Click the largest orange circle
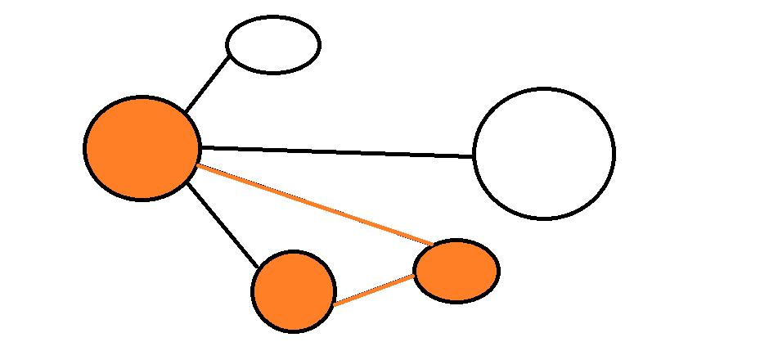(x=142, y=148)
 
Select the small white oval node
(x=273, y=44)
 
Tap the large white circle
(x=543, y=153)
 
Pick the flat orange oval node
(x=456, y=271)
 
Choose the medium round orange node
(x=294, y=291)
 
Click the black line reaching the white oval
(x=208, y=83)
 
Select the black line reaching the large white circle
(x=336, y=151)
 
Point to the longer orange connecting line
(x=315, y=205)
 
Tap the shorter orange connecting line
(x=374, y=290)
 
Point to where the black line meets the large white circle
(x=474, y=155)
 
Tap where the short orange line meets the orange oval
(x=416, y=276)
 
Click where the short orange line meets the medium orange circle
(x=334, y=304)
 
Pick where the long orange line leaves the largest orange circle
(x=197, y=166)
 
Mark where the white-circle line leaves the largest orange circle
(x=200, y=147)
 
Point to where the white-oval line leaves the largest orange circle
(x=185, y=112)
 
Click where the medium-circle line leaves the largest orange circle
(x=187, y=182)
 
